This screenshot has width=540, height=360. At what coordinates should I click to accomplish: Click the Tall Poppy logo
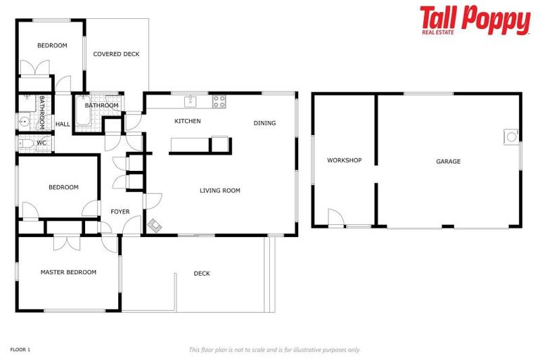point(475,20)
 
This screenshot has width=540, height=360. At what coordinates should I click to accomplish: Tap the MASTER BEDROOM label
point(68,272)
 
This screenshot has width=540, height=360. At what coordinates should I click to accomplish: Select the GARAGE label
point(448,162)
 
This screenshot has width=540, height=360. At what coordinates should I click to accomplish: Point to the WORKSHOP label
point(345,160)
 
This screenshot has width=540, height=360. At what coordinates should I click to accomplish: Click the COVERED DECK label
point(117,54)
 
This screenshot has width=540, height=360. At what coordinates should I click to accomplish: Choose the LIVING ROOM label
point(220,191)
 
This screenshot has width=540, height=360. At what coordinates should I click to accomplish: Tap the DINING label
point(265,123)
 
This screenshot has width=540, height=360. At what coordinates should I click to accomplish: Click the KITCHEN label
point(188,121)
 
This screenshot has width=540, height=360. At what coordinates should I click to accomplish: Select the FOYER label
point(120,212)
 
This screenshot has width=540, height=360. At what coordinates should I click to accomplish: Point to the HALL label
point(63,124)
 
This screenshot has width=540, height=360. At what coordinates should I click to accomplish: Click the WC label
point(41,143)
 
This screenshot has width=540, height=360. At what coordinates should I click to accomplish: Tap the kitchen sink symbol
point(190,102)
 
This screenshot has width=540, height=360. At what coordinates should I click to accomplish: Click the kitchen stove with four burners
point(219,101)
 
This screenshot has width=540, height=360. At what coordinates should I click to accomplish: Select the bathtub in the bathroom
point(83,115)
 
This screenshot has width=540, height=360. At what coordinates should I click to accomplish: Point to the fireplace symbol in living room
point(154,226)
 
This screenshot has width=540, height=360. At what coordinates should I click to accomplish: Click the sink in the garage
point(510,136)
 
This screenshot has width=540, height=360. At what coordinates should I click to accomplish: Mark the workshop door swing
point(336,219)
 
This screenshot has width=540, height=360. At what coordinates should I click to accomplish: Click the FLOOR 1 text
point(20,349)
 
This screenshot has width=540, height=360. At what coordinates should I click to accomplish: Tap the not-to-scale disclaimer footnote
point(274,349)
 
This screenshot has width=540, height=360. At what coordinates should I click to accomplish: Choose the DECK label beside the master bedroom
point(202,274)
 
